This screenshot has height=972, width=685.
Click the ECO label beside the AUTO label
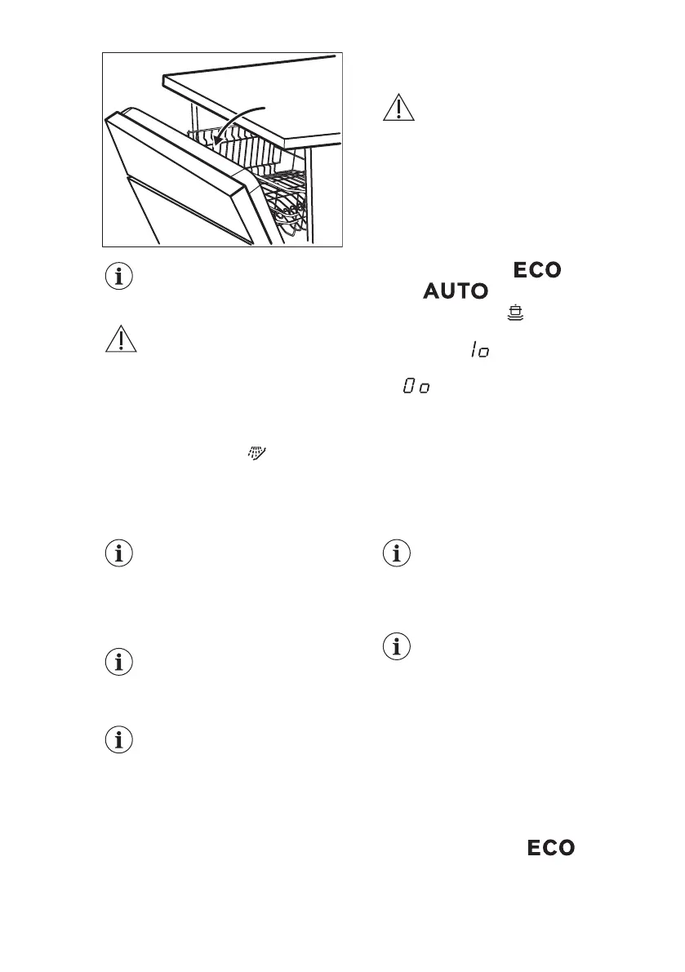pyautogui.click(x=536, y=270)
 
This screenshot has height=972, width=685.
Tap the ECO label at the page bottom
pyautogui.click(x=550, y=848)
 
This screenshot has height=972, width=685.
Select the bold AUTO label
pyautogui.click(x=458, y=291)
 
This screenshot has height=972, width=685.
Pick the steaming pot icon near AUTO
pyautogui.click(x=514, y=313)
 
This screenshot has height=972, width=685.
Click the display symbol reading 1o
pyautogui.click(x=478, y=350)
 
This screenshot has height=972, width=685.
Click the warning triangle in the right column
pyautogui.click(x=398, y=109)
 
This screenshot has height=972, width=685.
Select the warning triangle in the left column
pyautogui.click(x=120, y=337)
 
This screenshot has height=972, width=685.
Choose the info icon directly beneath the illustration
pyautogui.click(x=120, y=277)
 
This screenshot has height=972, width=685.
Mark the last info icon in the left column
pyautogui.click(x=120, y=740)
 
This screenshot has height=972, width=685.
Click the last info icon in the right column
pyautogui.click(x=398, y=647)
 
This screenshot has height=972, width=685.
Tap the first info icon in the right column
pyautogui.click(x=398, y=553)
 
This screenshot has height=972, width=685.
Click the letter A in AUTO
pyautogui.click(x=433, y=291)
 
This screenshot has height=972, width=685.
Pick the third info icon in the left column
pyautogui.click(x=120, y=661)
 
